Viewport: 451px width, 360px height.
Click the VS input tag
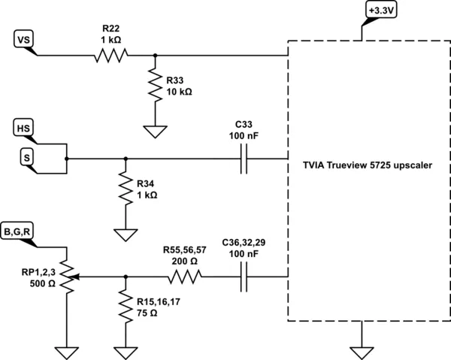(23, 40)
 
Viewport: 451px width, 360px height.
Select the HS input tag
(23, 129)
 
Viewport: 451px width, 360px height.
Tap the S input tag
(27, 158)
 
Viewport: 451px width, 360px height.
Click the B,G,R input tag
(17, 231)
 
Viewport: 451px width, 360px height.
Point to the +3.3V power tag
(381, 11)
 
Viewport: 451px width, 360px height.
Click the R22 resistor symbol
(111, 56)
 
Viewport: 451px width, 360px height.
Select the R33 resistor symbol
(155, 85)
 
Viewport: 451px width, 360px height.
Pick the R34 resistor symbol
(126, 189)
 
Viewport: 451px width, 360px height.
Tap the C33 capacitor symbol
(244, 159)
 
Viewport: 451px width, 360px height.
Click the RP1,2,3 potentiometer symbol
(67, 277)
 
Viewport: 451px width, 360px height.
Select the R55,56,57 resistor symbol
(185, 277)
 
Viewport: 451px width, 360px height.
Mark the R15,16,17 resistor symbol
(126, 307)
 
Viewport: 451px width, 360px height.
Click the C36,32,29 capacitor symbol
(244, 277)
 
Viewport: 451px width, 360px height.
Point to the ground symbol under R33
(155, 132)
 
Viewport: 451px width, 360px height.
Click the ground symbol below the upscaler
(362, 353)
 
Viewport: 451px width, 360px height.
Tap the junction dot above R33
(155, 56)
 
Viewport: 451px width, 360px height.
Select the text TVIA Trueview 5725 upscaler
(368, 165)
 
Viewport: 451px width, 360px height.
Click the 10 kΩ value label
(179, 92)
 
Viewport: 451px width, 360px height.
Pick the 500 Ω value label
(42, 283)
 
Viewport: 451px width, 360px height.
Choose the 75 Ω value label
(147, 313)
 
